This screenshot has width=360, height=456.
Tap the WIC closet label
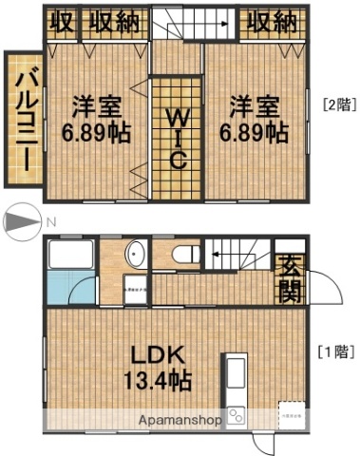(x=177, y=139)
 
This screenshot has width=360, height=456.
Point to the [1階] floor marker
(x=333, y=351)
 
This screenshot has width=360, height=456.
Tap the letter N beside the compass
(x=53, y=222)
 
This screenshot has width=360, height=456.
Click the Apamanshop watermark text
(x=180, y=420)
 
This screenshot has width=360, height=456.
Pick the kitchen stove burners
(x=235, y=415)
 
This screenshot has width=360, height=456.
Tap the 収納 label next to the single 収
(x=112, y=22)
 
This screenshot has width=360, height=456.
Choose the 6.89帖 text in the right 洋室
(x=254, y=133)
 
